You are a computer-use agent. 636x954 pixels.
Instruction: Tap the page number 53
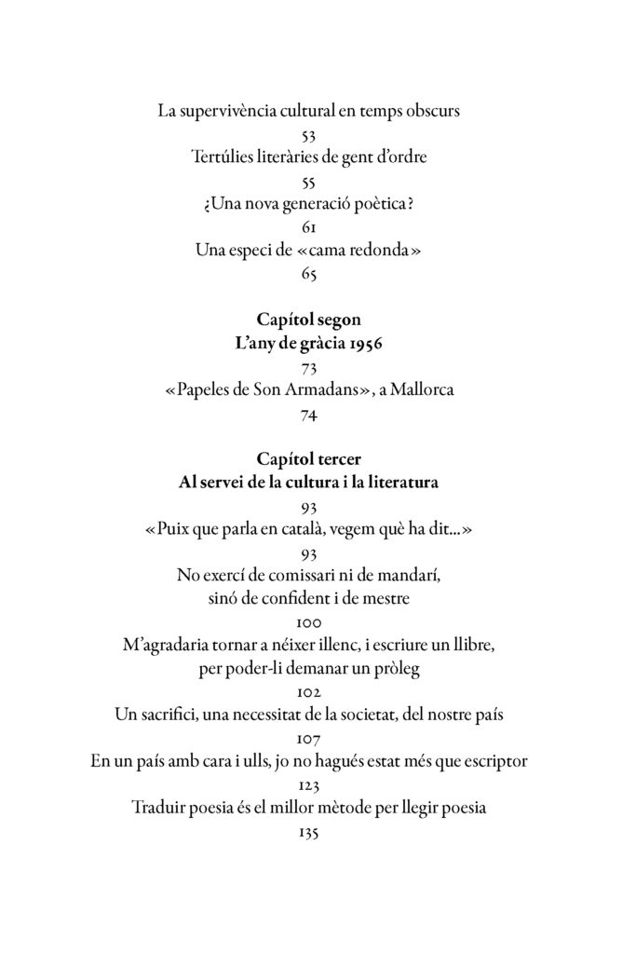[x=310, y=136]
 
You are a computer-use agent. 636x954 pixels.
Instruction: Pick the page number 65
[x=310, y=274]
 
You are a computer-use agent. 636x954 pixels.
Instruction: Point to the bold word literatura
[x=400, y=484]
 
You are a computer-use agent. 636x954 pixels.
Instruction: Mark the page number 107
[x=310, y=739]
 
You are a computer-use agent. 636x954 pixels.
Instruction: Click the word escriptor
[x=493, y=762]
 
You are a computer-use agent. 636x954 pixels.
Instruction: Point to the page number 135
[x=310, y=833]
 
